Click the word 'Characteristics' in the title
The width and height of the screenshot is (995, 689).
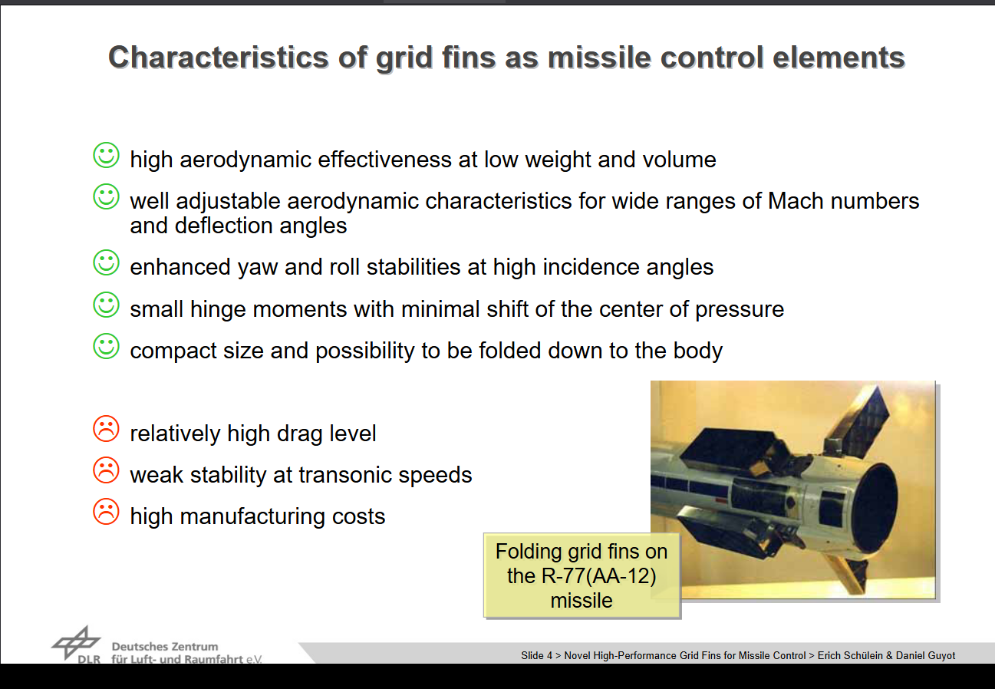point(219,58)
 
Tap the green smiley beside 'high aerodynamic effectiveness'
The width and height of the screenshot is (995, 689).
point(106,155)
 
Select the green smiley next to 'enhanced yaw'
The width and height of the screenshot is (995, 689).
point(106,262)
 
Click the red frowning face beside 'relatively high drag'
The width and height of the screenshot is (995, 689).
point(106,429)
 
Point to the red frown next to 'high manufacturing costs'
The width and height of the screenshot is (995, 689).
point(106,512)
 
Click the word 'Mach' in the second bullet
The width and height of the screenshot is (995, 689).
point(796,201)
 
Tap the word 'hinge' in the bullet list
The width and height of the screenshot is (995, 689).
point(218,310)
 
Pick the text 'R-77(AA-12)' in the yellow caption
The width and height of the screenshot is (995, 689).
point(599,576)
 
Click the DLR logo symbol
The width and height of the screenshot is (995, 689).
point(76,642)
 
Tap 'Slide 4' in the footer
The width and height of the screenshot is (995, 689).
point(536,656)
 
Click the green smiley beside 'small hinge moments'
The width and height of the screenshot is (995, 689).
point(106,305)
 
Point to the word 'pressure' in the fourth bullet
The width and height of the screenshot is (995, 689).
point(740,311)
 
